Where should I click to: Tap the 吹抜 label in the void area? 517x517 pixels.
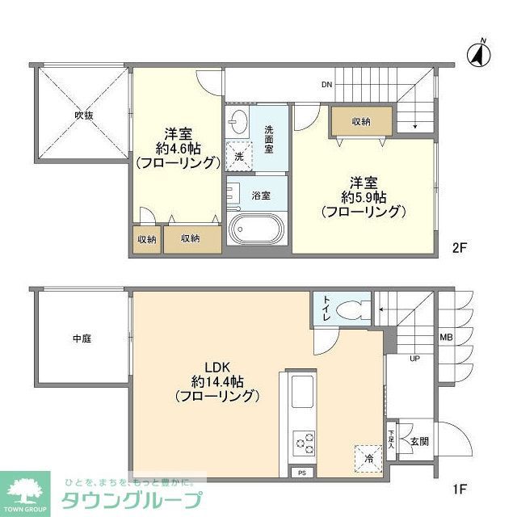click(x=84, y=116)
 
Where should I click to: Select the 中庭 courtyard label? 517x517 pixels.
click(x=82, y=339)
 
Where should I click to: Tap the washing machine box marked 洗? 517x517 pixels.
click(x=239, y=155)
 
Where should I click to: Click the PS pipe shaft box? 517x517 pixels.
click(x=301, y=473)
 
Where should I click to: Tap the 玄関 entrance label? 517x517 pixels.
click(x=419, y=442)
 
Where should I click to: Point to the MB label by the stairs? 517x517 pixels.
click(x=445, y=338)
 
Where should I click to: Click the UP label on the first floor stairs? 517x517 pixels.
click(x=415, y=358)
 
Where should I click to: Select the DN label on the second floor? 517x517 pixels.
click(x=326, y=85)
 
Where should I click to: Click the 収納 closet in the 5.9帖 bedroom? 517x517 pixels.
click(x=361, y=122)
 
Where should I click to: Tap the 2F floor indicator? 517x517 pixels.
click(x=459, y=248)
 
